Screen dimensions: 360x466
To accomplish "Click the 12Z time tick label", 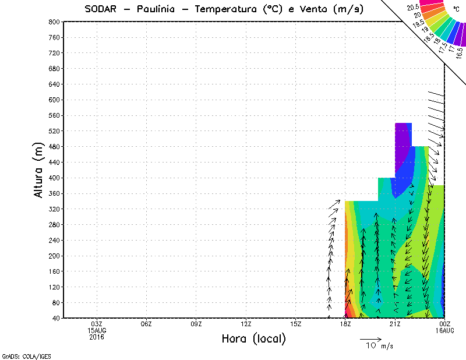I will [246, 324].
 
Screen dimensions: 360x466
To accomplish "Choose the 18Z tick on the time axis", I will [345, 324].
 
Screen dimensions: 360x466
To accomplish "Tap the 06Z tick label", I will [146, 324].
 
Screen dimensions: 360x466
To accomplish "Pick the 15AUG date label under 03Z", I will [97, 330].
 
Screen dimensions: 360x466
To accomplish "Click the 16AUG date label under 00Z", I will [445, 330].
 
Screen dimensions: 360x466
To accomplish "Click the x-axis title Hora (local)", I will [253, 339].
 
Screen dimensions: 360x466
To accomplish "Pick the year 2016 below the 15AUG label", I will [97, 336].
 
